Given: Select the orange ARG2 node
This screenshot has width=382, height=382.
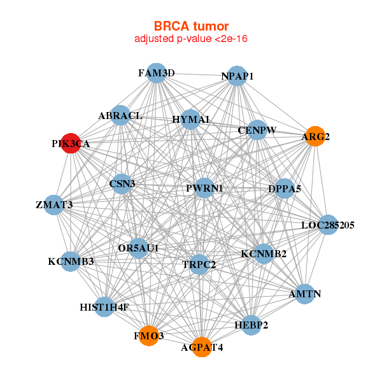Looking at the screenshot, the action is coord(316,136).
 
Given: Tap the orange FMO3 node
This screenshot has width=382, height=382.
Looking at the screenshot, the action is coord(148,336).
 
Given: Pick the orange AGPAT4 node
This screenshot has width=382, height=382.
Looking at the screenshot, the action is coord(202,347).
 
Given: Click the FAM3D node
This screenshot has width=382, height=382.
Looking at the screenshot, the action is coord(157,73).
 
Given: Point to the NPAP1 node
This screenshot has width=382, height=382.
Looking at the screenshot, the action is coord(237,76).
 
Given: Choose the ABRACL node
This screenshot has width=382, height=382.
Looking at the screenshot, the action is coord(120,115).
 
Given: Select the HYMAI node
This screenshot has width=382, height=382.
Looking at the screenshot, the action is coord(191,119).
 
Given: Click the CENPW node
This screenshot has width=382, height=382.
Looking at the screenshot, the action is coord(257,130).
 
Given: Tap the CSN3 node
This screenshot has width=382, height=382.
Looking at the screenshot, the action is coord(122,184).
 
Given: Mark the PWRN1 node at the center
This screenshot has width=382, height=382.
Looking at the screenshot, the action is coord(204,188).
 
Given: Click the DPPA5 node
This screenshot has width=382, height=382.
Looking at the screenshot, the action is coord(285,188).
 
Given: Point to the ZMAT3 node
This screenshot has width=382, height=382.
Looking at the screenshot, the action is coord(54,205).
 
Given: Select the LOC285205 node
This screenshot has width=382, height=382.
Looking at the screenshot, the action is coord(327,225).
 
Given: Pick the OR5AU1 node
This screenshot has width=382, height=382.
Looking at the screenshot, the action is coord(138,247).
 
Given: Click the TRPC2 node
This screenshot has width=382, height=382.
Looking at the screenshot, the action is coord(199,264).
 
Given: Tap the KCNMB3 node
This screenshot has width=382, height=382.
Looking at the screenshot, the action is coord(71,261).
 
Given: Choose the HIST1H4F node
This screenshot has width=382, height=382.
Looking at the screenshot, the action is coord(104,307).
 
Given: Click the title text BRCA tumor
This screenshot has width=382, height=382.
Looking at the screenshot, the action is coord(191,26).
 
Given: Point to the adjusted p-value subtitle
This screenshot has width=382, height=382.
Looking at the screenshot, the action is coord(191,39).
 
